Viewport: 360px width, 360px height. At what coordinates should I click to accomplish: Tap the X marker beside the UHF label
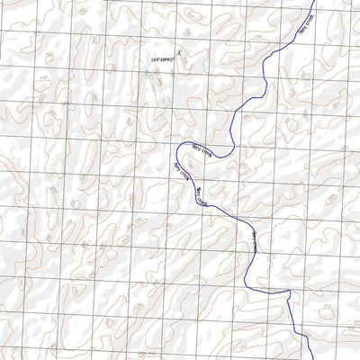[x=179, y=53]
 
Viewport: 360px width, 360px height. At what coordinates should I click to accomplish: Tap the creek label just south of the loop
[x=200, y=196]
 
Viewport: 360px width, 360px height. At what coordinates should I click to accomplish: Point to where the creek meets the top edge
[x=314, y=1]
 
